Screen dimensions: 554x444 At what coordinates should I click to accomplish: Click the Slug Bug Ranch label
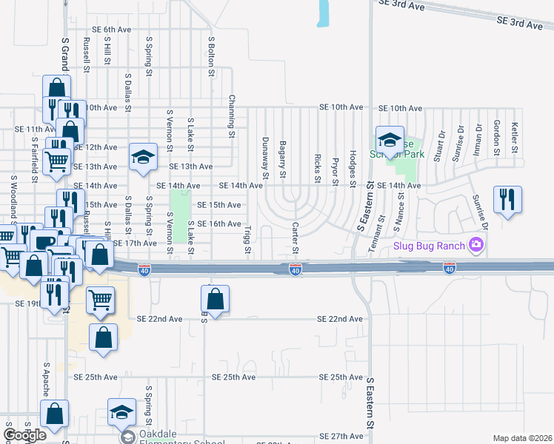click(429, 246)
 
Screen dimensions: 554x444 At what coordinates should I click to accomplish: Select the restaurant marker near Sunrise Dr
click(508, 200)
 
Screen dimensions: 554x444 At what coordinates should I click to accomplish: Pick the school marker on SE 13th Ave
click(144, 157)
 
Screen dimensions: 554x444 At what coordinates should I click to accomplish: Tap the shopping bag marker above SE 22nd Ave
click(215, 300)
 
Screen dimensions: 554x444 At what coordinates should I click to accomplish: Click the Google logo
click(24, 435)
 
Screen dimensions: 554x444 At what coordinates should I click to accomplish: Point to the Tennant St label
click(382, 234)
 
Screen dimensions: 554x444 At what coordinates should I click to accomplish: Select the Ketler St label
click(515, 138)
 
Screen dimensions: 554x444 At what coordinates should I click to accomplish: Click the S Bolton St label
click(211, 58)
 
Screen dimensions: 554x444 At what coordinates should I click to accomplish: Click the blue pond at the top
click(324, 13)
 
